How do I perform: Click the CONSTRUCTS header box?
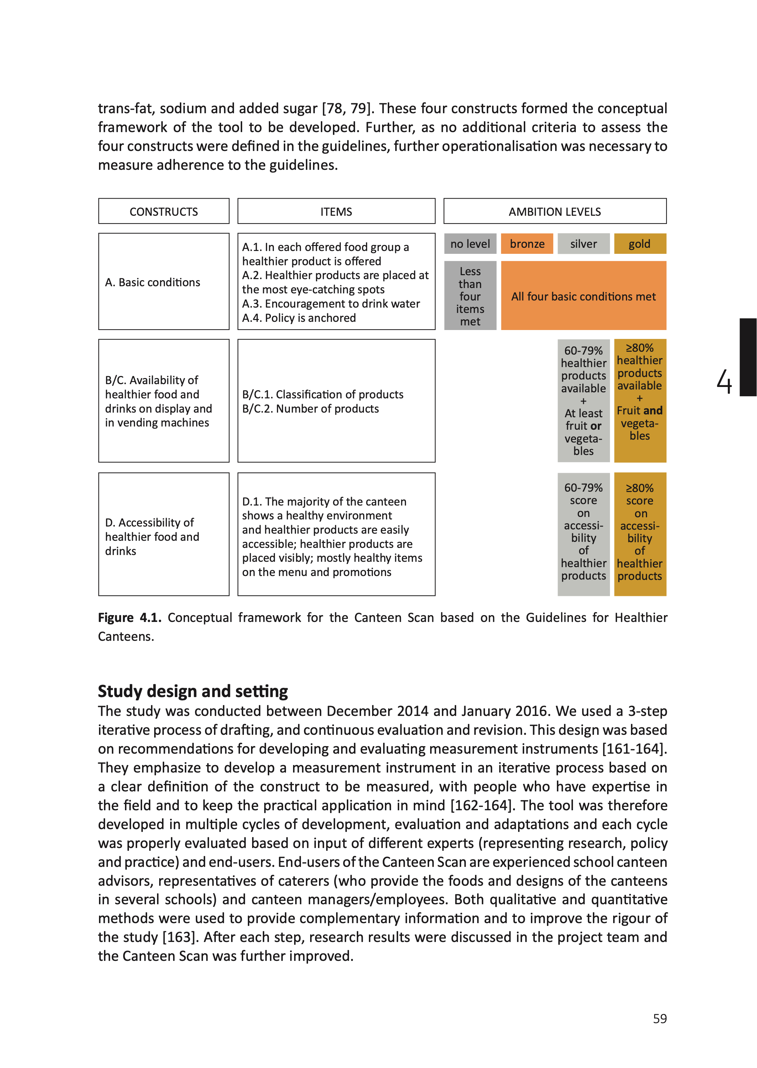(163, 211)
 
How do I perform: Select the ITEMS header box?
(336, 211)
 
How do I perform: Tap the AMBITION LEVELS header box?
(555, 211)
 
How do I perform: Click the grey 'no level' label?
(470, 244)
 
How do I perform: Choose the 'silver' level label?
(584, 244)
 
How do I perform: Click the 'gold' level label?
(639, 244)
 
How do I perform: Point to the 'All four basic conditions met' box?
(583, 296)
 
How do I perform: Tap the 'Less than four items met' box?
(470, 296)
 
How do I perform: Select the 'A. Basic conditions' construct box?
(163, 282)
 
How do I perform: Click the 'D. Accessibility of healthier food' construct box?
(163, 534)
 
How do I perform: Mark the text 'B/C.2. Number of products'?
(310, 409)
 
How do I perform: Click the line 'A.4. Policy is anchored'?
(299, 318)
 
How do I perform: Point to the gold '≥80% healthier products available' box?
(639, 401)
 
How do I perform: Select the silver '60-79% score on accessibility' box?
(584, 534)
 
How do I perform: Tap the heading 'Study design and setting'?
(193, 691)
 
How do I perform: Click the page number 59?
(659, 1019)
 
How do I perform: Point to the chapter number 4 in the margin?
(724, 382)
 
